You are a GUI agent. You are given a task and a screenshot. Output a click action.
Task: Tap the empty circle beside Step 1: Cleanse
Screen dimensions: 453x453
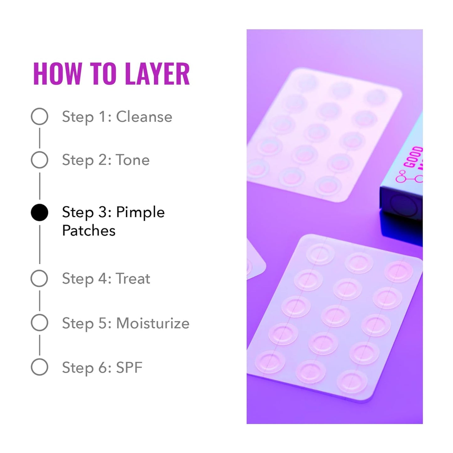[40, 117]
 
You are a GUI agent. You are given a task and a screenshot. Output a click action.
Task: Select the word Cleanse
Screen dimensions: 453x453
[144, 117]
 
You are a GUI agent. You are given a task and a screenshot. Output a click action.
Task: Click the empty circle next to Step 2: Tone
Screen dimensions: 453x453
[40, 160]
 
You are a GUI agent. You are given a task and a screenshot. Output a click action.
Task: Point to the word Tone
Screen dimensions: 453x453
[133, 160]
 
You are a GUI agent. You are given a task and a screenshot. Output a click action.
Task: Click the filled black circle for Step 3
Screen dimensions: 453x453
[40, 213]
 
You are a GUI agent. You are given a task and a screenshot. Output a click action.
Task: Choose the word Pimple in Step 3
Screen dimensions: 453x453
[140, 213]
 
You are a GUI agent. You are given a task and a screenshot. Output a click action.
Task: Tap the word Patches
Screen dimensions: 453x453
[89, 231]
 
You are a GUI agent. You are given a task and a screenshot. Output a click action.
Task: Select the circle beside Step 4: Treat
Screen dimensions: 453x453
[40, 278]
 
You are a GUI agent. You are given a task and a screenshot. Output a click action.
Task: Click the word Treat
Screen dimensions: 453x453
[133, 278]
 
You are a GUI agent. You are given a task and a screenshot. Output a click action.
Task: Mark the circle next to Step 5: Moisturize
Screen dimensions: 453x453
[40, 323]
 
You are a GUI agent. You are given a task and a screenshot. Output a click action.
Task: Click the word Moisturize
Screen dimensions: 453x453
[153, 323]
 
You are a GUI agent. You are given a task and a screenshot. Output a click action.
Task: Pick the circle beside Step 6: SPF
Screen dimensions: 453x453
[40, 367]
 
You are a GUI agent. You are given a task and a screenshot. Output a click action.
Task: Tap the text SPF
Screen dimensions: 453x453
[129, 367]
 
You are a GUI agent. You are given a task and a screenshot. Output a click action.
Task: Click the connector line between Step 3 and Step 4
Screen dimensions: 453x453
[40, 245]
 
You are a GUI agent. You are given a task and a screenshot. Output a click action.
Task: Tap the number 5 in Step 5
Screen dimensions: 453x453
[103, 323]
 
